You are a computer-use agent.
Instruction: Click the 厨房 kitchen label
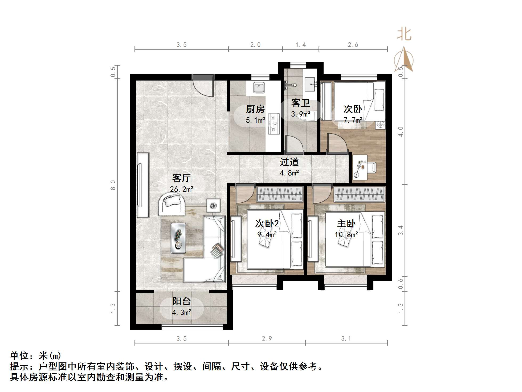[255, 109]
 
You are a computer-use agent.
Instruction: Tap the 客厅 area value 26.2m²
[182, 189]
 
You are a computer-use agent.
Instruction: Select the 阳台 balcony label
[182, 302]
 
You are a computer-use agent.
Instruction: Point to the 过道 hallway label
[289, 162]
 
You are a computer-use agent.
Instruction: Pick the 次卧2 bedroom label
[267, 223]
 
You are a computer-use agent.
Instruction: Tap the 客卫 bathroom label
[300, 103]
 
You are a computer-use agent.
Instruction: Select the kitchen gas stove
[274, 123]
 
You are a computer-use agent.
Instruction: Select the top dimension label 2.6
[353, 45]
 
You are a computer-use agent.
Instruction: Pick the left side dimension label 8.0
[113, 185]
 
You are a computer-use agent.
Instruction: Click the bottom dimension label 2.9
[267, 339]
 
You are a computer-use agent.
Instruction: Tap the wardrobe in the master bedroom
[360, 194]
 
